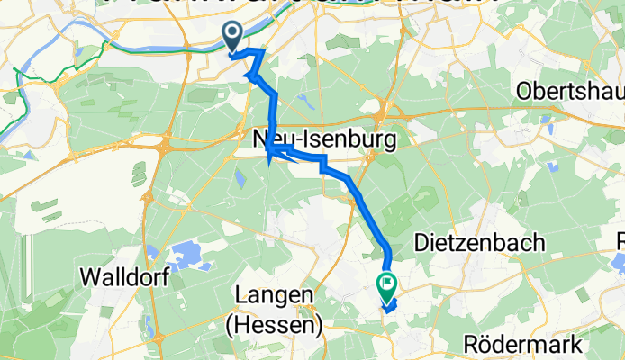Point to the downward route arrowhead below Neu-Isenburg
(x=269, y=161)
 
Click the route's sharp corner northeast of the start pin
(x=262, y=51)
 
